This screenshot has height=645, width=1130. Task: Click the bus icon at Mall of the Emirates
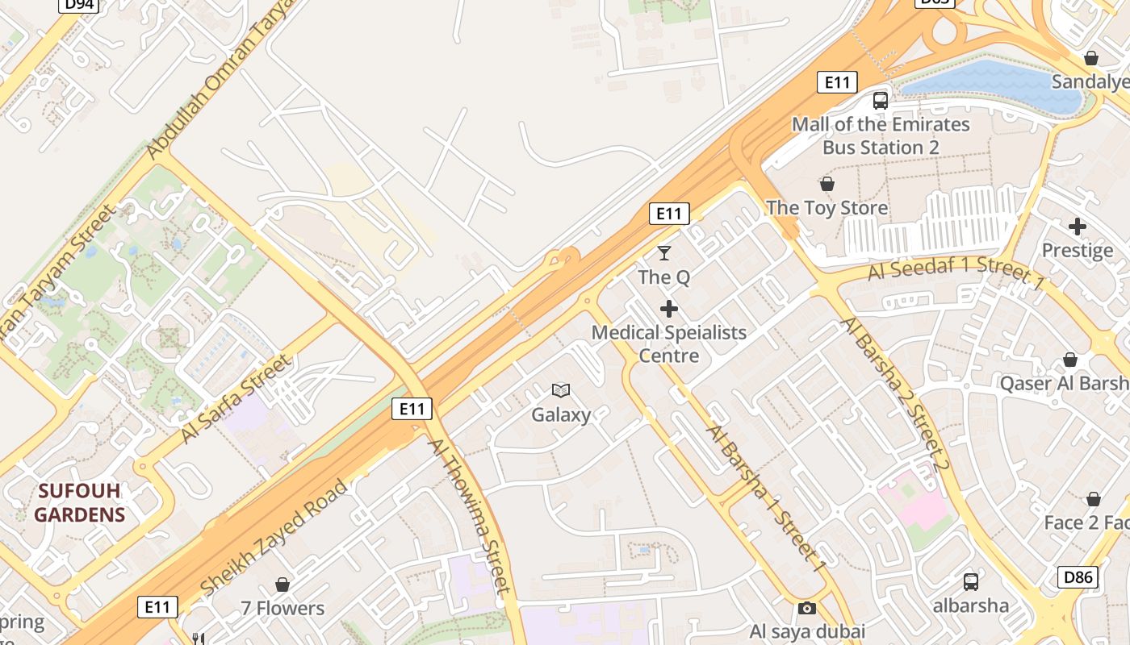click(881, 101)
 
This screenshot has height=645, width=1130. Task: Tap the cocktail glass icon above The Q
click(664, 253)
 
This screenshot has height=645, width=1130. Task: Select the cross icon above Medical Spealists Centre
click(668, 309)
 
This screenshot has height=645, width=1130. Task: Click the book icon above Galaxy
click(561, 391)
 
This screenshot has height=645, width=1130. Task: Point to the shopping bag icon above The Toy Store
click(827, 184)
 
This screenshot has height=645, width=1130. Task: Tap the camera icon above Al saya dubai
click(806, 608)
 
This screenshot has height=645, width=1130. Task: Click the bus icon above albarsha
click(971, 581)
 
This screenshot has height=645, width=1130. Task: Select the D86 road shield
click(1078, 576)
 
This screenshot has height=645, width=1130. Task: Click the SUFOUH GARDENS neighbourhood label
click(80, 502)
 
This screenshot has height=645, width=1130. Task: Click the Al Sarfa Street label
click(235, 398)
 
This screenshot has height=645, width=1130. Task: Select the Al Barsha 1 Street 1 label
click(766, 498)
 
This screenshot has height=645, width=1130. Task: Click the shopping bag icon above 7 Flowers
click(282, 585)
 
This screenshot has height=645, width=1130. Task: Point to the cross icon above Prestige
click(1077, 227)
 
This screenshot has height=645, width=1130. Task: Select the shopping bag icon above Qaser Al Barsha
click(1070, 360)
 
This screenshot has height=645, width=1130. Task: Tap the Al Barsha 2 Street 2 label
click(895, 394)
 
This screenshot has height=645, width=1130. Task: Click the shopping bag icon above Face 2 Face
click(1094, 500)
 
